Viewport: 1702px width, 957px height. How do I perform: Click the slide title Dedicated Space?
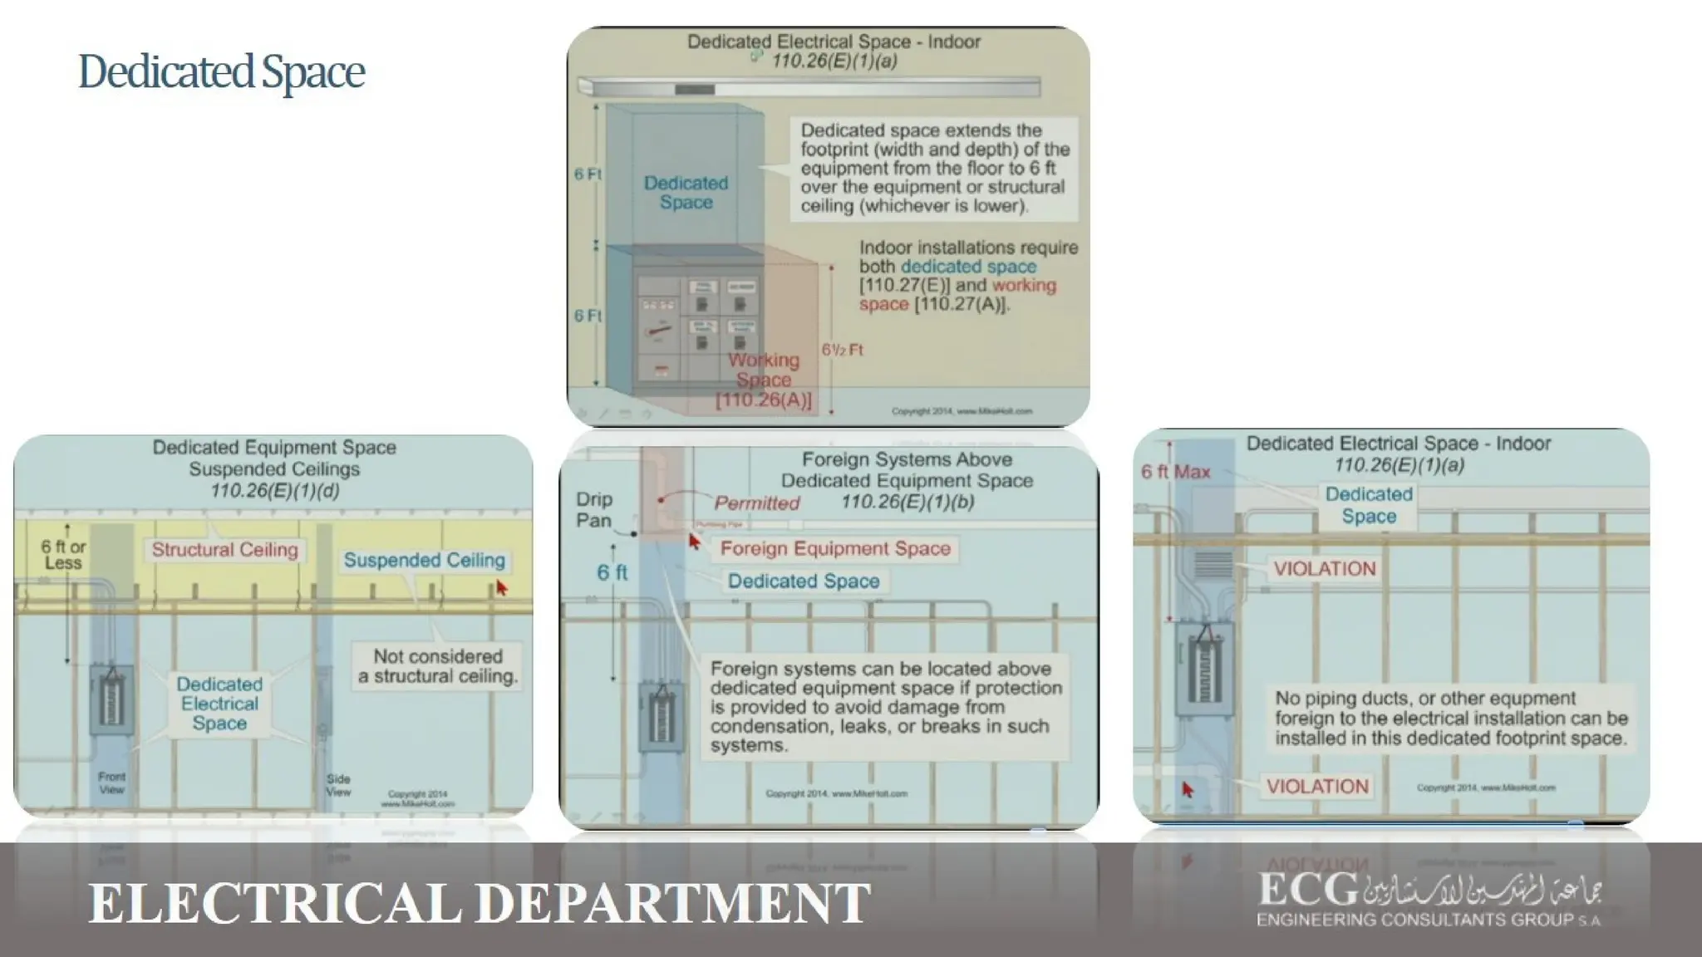tap(221, 71)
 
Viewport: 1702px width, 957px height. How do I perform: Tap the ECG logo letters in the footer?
tap(1308, 891)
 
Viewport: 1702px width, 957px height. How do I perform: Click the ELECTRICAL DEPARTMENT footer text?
tap(480, 903)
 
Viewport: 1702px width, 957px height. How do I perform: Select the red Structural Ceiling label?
tap(224, 550)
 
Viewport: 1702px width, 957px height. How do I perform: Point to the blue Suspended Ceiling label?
tap(424, 561)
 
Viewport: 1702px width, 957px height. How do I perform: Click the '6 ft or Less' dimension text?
tap(63, 555)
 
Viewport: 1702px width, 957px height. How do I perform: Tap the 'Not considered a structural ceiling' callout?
tap(437, 666)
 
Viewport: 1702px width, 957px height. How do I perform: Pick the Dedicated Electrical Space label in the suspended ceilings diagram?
tap(219, 704)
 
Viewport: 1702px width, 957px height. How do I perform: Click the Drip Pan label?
tap(593, 509)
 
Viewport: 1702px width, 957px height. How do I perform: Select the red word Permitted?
tap(756, 503)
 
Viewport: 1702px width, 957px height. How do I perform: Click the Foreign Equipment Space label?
tap(834, 549)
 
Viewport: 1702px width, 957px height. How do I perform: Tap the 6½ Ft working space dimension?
tap(842, 350)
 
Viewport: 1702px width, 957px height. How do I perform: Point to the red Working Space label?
tap(764, 371)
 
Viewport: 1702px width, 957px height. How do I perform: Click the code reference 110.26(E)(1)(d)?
tap(274, 491)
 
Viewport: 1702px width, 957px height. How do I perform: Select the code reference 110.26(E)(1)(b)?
tap(908, 502)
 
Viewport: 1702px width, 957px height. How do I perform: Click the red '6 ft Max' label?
tap(1175, 472)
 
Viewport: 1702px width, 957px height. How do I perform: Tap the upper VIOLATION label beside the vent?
tap(1325, 569)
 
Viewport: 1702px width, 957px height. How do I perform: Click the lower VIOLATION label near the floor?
tap(1317, 786)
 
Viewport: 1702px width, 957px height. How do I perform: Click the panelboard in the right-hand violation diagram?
tap(1203, 669)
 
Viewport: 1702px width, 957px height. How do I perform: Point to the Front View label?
tap(111, 783)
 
